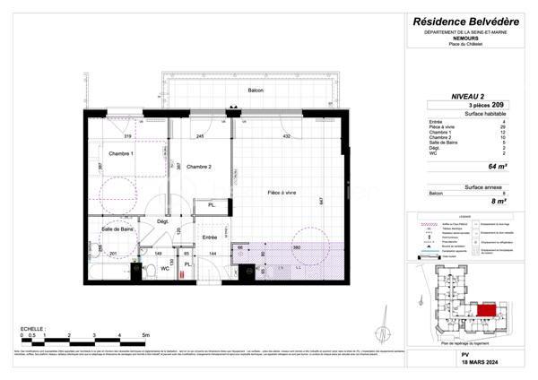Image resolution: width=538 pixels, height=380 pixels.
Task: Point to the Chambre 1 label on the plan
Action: point(120,154)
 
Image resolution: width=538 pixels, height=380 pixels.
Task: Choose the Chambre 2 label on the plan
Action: point(199,166)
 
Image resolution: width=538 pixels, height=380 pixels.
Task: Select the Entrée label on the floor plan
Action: point(209,237)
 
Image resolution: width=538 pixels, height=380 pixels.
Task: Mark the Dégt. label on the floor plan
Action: point(163,221)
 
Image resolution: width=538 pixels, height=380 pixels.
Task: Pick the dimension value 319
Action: point(127,136)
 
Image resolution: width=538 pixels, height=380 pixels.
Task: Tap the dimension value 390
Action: point(295,247)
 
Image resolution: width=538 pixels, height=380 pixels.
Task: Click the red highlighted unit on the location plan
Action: point(485,309)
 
